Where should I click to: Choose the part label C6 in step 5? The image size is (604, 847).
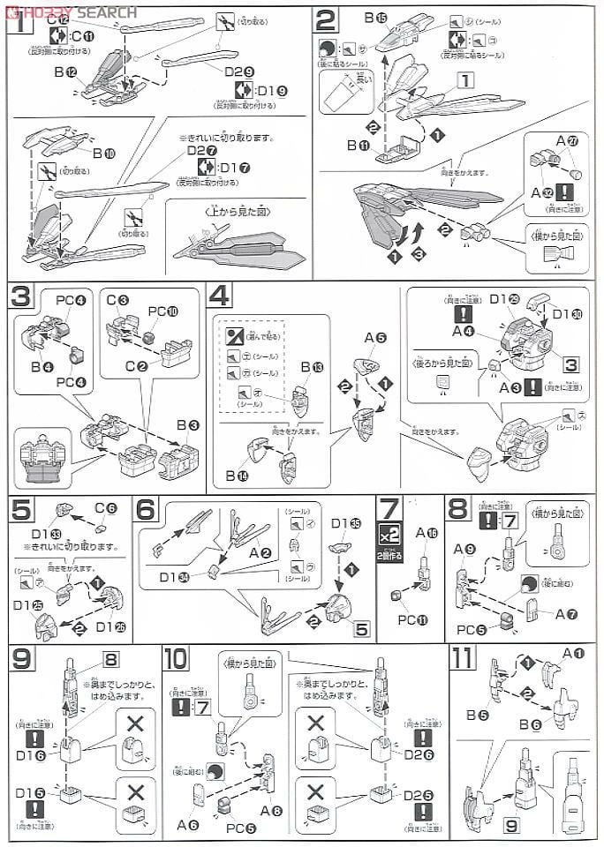[x=105, y=507]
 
